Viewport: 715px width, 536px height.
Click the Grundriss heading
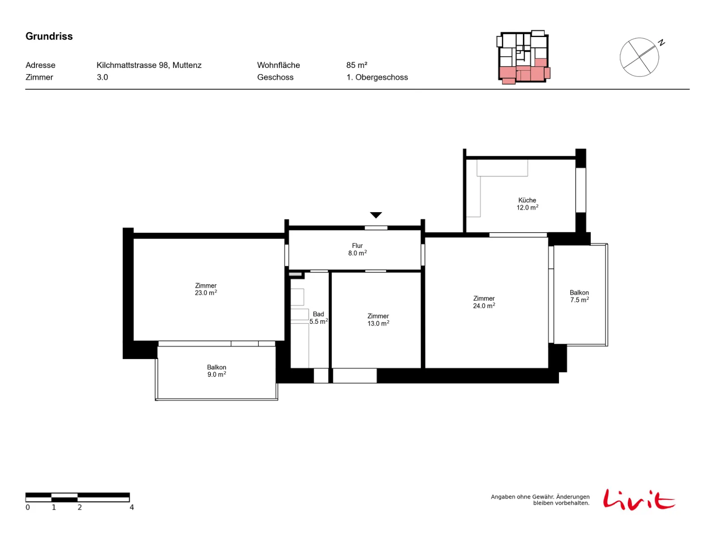click(49, 36)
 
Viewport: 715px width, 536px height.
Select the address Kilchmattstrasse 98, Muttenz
click(149, 65)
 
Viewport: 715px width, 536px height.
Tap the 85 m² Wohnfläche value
click(357, 65)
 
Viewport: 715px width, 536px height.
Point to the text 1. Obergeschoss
click(377, 77)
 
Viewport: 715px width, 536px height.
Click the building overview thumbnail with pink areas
click(523, 57)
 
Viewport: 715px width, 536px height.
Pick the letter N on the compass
click(661, 42)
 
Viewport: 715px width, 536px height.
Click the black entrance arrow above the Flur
click(375, 215)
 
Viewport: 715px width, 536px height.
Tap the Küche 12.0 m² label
click(527, 204)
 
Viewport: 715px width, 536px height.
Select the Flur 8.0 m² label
click(357, 249)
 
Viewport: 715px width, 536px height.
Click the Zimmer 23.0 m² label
click(206, 289)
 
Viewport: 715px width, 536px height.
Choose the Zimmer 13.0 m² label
click(378, 319)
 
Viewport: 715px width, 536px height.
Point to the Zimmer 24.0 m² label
click(484, 302)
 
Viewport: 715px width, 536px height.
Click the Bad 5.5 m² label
click(319, 318)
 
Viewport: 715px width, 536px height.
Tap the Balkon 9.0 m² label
click(217, 371)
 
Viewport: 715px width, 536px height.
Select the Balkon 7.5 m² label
click(579, 296)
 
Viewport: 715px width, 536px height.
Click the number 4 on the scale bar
click(131, 507)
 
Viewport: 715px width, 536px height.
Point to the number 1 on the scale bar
click(54, 507)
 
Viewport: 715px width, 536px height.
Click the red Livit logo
click(639, 499)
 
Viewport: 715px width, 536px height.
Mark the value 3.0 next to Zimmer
click(102, 77)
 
